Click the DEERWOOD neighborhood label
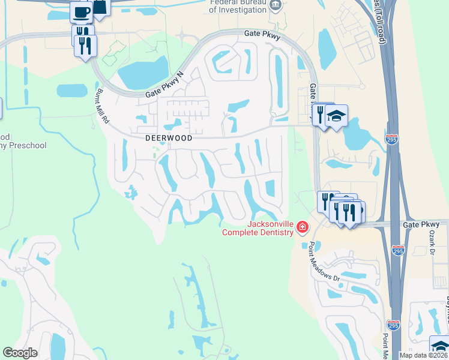[x=169, y=138]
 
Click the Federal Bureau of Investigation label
[x=237, y=5]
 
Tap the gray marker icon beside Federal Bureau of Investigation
[x=276, y=5]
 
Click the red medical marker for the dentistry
[x=301, y=227]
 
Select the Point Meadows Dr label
[x=324, y=262]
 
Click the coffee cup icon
[x=81, y=11]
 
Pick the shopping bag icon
[x=100, y=6]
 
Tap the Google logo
[x=20, y=353]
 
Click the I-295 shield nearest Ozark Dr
[x=397, y=250]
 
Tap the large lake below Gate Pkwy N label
[x=142, y=73]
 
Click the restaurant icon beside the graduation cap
[x=321, y=113]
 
